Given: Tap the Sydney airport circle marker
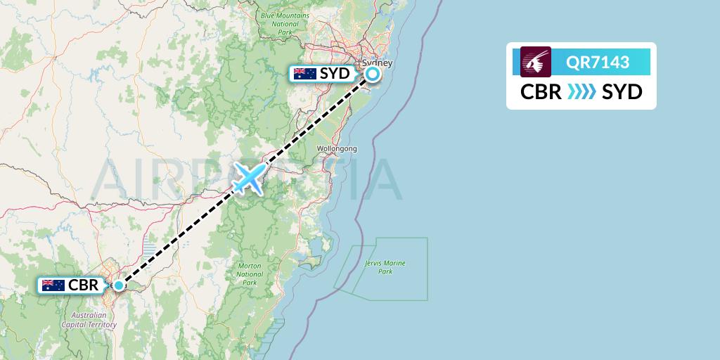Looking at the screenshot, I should tap(372, 73).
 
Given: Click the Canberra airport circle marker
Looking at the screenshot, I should tap(119, 285).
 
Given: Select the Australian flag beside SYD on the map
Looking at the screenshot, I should tap(304, 73).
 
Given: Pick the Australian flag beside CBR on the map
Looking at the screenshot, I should tap(53, 285).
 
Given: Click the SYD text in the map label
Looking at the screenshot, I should tap(335, 73).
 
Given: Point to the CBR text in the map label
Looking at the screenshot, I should tap(83, 285).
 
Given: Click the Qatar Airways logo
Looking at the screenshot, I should tap(535, 62).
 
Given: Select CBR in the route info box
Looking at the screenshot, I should tap(541, 92).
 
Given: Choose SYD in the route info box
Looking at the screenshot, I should tap(622, 92).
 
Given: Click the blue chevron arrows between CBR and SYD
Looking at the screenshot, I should tap(581, 92).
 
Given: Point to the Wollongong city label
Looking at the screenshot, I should tap(337, 149).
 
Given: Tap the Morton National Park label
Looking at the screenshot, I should tap(249, 274).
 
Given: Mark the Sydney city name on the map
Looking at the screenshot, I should tap(378, 63).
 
